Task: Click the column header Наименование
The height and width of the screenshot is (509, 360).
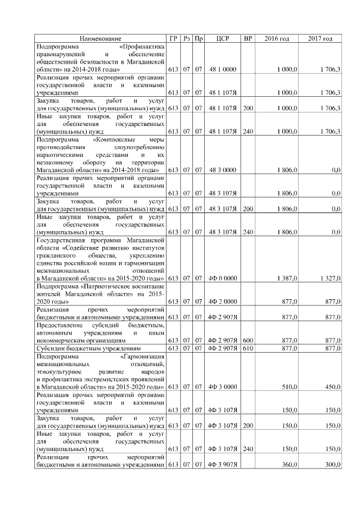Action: (x=100, y=38)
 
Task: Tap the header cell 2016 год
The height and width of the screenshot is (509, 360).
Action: (x=277, y=38)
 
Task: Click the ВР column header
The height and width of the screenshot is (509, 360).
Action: (x=247, y=38)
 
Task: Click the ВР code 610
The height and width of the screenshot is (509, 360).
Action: (x=247, y=348)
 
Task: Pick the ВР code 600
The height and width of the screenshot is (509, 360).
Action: (x=247, y=340)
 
